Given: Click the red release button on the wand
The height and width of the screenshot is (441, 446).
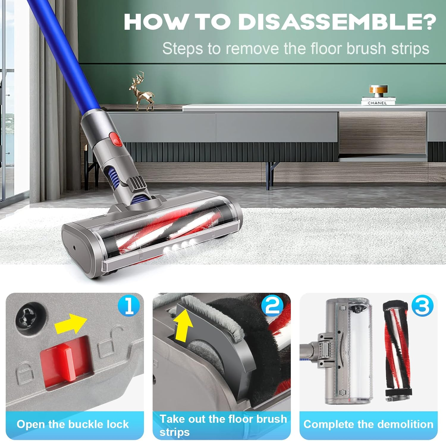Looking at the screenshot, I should click(x=115, y=139).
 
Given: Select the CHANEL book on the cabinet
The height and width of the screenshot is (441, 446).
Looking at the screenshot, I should click(x=378, y=102).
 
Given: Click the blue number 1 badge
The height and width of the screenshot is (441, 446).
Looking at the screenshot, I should click(x=128, y=306).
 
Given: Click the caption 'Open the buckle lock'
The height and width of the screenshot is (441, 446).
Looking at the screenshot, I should click(x=73, y=424).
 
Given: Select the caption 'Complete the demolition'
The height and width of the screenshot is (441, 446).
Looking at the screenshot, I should click(x=368, y=424).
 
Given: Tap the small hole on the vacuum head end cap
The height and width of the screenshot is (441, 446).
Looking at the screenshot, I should click(x=74, y=248).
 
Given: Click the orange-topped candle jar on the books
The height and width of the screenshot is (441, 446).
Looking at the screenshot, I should click(x=378, y=90).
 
